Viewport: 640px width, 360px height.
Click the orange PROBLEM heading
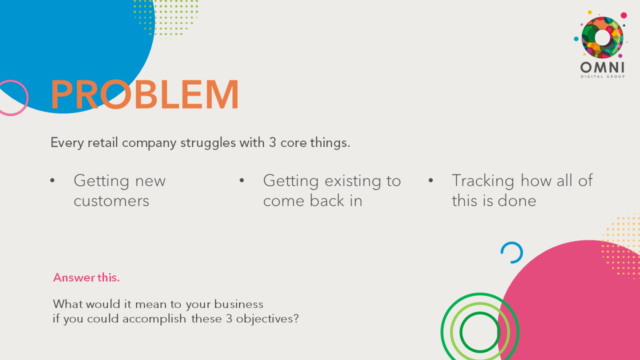click(x=145, y=95)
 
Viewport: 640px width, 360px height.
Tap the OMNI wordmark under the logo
click(x=602, y=67)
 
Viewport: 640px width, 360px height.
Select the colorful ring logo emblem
click(x=602, y=37)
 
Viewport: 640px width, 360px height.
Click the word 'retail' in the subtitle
click(x=103, y=142)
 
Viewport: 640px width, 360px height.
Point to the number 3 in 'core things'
click(x=272, y=142)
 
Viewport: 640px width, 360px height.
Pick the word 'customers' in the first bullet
click(x=111, y=201)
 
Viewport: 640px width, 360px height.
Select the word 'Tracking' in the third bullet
click(x=483, y=180)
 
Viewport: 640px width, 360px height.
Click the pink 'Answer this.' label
click(x=86, y=277)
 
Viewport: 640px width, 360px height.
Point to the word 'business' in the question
click(x=238, y=304)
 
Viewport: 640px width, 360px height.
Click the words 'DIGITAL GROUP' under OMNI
click(x=602, y=76)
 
